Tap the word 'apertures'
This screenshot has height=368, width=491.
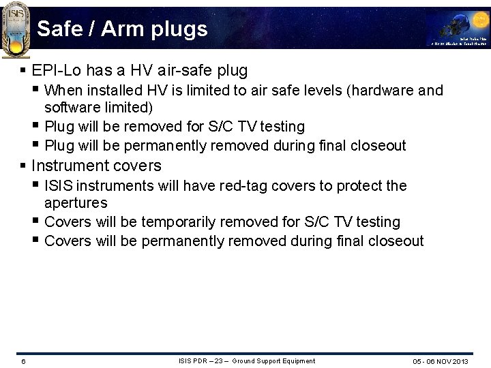pyautogui.click(x=76, y=203)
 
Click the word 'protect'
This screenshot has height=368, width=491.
pyautogui.click(x=357, y=185)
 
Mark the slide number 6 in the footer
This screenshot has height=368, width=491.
pyautogui.click(x=23, y=361)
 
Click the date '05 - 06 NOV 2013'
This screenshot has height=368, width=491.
pyautogui.click(x=441, y=361)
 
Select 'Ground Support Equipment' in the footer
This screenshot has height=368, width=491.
pyautogui.click(x=273, y=361)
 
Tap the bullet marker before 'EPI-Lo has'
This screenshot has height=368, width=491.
pyautogui.click(x=24, y=70)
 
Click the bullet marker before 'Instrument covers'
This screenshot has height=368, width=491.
pyautogui.click(x=24, y=166)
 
